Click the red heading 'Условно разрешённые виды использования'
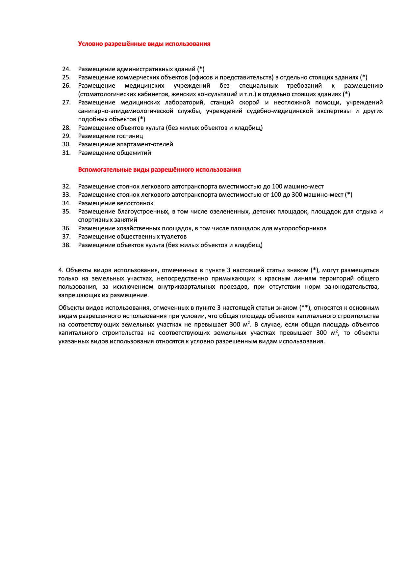(x=144, y=44)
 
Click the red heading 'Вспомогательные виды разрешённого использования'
(x=159, y=170)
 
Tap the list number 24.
(x=66, y=69)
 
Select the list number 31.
(x=66, y=153)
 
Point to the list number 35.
(x=66, y=212)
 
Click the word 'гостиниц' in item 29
(x=130, y=136)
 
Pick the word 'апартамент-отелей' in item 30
(x=145, y=144)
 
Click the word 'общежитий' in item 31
(x=134, y=153)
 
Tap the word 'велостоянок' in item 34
(x=135, y=203)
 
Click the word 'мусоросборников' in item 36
(x=300, y=228)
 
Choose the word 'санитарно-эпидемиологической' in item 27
(x=126, y=111)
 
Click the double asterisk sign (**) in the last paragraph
(x=304, y=308)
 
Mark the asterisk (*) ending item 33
(x=349, y=195)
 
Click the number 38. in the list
(x=66, y=245)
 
